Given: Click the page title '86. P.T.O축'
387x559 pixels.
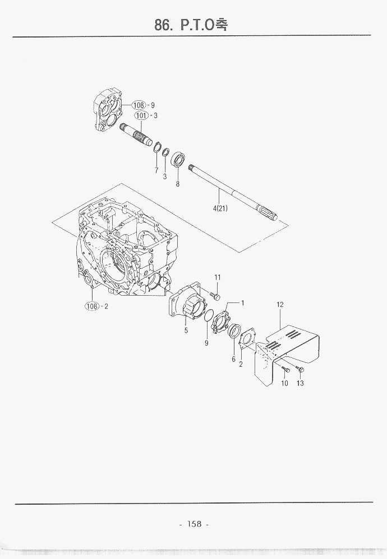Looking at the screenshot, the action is pos(191,25).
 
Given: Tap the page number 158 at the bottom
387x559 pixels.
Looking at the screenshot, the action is pos(194,524).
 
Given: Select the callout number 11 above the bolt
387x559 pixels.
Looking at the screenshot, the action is pos(218,277).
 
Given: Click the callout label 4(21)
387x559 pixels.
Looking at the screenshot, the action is pos(220,208).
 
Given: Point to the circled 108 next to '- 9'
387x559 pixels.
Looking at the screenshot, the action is pos(139,105).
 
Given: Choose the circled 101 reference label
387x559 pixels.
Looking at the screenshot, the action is pos(141,115).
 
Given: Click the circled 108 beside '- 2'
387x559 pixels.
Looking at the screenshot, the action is pos(92,306).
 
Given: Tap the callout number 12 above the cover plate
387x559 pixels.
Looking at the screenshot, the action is pos(280,305).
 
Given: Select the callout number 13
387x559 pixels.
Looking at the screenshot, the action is pos(300,383).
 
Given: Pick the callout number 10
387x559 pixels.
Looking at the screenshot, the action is pos(284,383).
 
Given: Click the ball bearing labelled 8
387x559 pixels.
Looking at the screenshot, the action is pos(178,160).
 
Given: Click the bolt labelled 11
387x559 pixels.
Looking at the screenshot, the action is pos(215,296).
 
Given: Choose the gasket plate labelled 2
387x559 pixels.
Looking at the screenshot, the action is pos(246,338).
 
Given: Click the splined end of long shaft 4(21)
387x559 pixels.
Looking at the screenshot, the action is pos(269,214).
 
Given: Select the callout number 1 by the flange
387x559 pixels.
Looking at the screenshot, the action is pos(243,303).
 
